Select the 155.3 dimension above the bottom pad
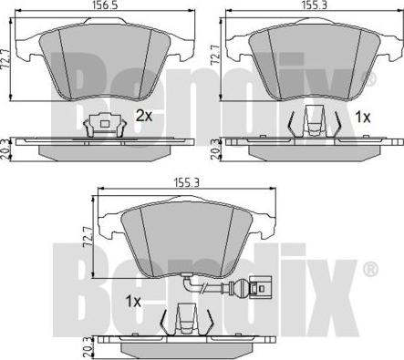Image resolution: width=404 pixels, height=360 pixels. coord(186,182)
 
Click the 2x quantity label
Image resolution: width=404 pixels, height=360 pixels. coord(143,116)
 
